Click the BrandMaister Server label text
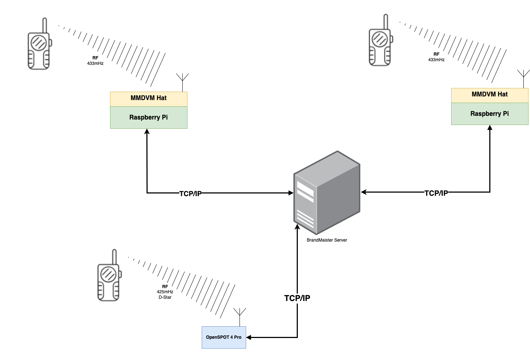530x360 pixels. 327,240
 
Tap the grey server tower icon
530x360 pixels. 326,192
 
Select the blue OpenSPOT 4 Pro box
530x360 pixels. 224,337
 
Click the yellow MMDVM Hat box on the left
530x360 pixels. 149,99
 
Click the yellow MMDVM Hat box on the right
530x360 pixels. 490,95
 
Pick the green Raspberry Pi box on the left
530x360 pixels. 149,118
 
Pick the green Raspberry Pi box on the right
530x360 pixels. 490,114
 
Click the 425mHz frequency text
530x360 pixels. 165,292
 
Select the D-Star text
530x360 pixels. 165,297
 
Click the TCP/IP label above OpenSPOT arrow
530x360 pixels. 297,298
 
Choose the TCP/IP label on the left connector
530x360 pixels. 190,194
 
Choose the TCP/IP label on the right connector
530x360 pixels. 436,193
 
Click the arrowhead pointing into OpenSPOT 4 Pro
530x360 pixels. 249,337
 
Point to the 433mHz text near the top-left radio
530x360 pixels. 95,63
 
